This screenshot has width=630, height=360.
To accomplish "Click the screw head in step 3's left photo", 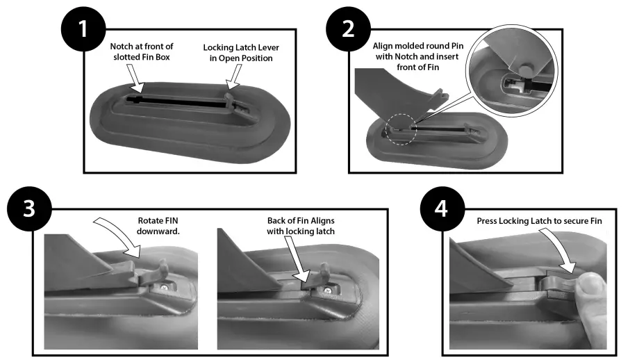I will (162, 286).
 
